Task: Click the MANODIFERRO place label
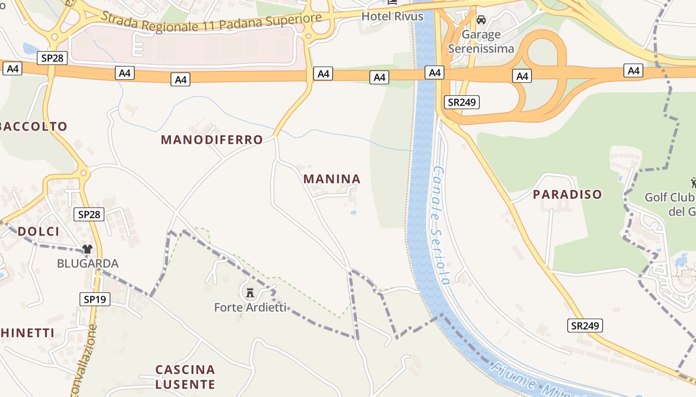tap(212, 140)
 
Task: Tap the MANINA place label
tap(332, 179)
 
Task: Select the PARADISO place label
tap(567, 195)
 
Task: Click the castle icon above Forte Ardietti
tap(250, 293)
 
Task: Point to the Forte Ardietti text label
tap(250, 308)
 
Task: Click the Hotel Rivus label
tap(392, 16)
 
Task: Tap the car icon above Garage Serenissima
tap(481, 20)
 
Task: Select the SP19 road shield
tap(94, 299)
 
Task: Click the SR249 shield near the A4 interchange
tap(462, 102)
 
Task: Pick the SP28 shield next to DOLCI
tap(89, 214)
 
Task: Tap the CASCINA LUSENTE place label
tap(185, 377)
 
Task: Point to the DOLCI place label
tap(38, 231)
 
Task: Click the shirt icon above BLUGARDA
tap(87, 249)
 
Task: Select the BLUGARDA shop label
tap(87, 264)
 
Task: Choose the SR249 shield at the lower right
tap(585, 326)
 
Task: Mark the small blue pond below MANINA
tap(353, 212)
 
